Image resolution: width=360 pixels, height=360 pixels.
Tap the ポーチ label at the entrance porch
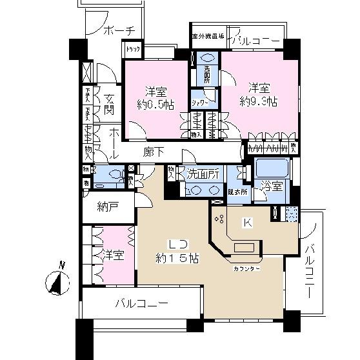(118, 30)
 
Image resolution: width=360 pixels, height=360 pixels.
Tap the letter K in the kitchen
(247, 223)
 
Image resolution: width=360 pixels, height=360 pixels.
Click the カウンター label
(247, 268)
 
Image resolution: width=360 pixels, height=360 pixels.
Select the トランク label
(133, 50)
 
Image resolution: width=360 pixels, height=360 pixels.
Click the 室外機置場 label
(207, 36)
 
